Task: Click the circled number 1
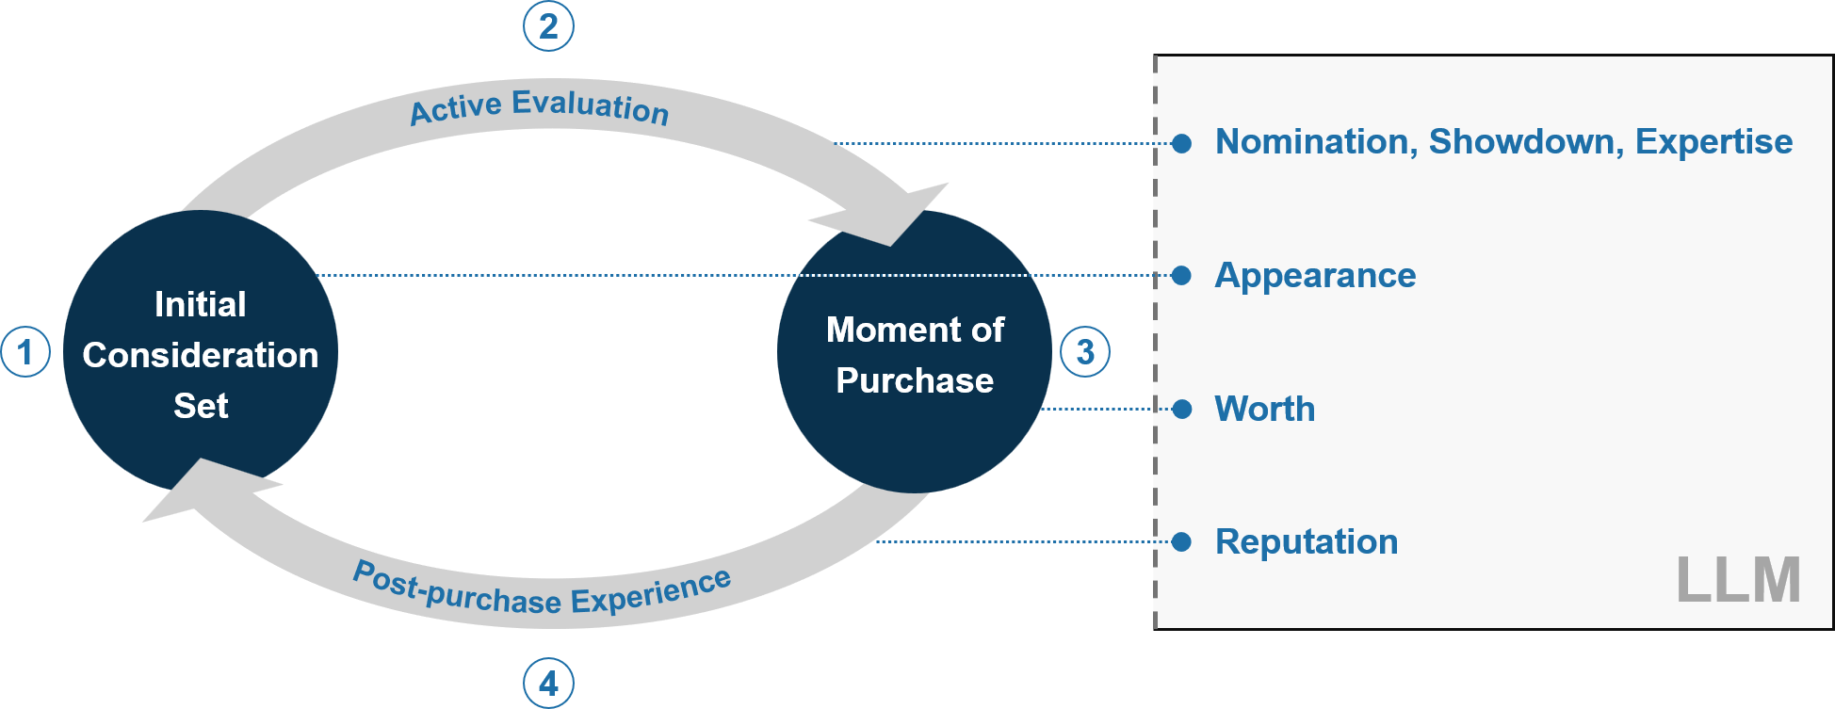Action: (x=25, y=352)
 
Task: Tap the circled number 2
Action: (x=548, y=26)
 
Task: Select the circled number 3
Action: (x=1085, y=352)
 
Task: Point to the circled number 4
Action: (x=548, y=683)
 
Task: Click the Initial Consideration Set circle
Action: (x=201, y=353)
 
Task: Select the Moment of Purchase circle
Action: (x=915, y=352)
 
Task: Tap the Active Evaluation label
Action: (x=540, y=106)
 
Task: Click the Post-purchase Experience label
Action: (x=542, y=589)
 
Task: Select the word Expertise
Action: (x=1713, y=142)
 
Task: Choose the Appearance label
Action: (x=1315, y=276)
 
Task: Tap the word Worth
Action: (x=1265, y=409)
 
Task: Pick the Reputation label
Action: (x=1307, y=542)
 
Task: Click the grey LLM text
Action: (x=1738, y=579)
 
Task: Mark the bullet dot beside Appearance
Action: (x=1182, y=276)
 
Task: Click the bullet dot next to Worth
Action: (x=1182, y=409)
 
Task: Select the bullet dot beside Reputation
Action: (x=1182, y=541)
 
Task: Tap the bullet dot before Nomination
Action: (x=1182, y=143)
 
